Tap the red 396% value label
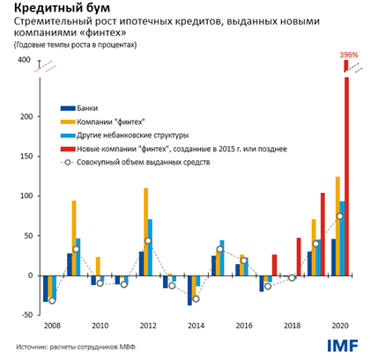click(348, 55)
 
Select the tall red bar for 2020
click(346, 176)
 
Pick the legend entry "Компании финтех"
click(110, 122)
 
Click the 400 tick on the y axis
click(24, 61)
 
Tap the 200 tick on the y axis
click(24, 117)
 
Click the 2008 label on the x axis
click(52, 325)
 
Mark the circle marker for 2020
click(339, 217)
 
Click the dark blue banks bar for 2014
click(189, 290)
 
